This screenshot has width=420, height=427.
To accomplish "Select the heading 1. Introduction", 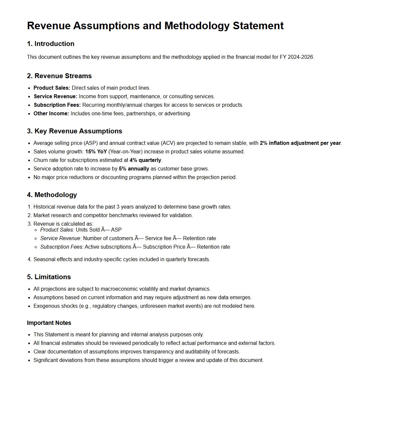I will (x=51, y=44).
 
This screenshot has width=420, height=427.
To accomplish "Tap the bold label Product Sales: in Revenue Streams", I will (x=52, y=88).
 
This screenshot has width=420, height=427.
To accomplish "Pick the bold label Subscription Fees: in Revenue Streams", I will (x=57, y=105).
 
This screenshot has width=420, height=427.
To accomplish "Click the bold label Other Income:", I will (x=51, y=113).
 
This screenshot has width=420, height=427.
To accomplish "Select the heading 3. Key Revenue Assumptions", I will (x=75, y=131).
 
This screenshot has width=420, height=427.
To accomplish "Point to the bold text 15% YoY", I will (x=96, y=151).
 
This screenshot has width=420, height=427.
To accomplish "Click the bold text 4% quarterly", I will (x=145, y=160).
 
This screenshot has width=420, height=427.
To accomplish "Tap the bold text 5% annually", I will (x=134, y=169).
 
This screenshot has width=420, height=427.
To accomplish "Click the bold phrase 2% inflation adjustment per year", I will (x=300, y=143).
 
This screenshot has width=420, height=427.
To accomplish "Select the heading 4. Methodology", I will (x=52, y=195).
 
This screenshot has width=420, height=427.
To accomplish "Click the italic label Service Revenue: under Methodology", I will (x=61, y=238).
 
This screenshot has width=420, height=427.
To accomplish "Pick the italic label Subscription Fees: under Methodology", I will (x=62, y=247).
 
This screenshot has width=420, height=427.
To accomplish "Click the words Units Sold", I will (x=87, y=230).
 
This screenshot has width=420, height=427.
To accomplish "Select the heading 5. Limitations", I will (x=49, y=277).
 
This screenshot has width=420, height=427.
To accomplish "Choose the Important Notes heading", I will (x=49, y=323).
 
